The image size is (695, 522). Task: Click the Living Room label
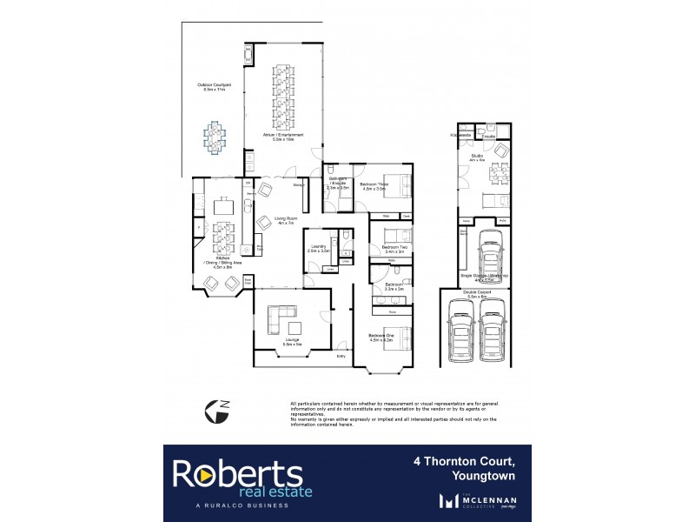(287, 221)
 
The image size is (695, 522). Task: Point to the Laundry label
(319, 249)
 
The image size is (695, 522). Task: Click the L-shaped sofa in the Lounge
(281, 318)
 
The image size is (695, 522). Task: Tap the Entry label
(341, 356)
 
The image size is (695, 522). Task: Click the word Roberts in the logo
(236, 472)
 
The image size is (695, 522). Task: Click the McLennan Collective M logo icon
(449, 500)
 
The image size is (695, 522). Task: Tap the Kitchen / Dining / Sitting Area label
(216, 264)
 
